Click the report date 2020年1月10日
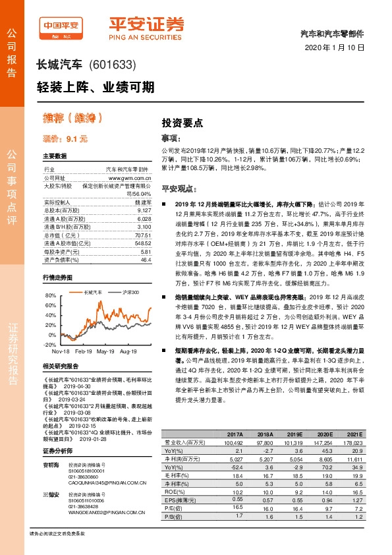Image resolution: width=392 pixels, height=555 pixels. tap(335, 48)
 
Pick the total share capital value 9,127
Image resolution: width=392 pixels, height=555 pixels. tap(144, 210)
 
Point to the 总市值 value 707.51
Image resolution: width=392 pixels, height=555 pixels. tap(142, 235)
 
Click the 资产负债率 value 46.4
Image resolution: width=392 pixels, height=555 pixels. tap(146, 260)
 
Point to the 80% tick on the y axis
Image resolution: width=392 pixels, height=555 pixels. tap(51, 297)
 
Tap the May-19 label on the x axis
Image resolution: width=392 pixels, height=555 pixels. tap(105, 351)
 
